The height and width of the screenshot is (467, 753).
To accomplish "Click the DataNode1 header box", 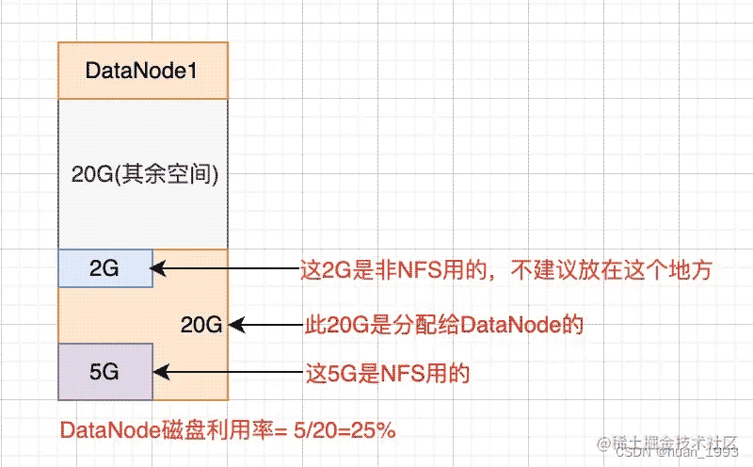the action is click(x=143, y=71).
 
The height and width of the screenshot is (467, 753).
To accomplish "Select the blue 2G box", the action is click(x=105, y=268).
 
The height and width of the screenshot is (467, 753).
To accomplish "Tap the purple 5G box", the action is click(x=105, y=371).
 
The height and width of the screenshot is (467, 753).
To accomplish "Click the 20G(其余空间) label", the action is click(x=145, y=173).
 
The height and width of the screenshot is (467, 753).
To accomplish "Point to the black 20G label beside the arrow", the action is click(x=201, y=325).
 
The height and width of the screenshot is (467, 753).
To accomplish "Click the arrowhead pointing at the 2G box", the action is click(x=158, y=268).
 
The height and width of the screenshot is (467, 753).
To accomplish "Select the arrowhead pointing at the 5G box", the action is click(x=161, y=372).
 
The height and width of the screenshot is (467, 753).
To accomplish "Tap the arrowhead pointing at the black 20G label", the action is click(x=237, y=325).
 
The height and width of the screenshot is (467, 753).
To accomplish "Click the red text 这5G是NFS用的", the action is click(x=388, y=373).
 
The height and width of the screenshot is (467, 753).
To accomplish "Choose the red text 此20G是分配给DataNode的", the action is click(x=444, y=325).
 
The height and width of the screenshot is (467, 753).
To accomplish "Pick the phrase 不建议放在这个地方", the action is click(x=611, y=270).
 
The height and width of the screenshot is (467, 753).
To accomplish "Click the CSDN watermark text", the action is click(x=677, y=452).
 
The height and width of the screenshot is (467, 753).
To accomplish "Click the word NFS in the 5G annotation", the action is click(x=403, y=373).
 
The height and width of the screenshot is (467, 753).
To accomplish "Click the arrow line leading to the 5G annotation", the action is click(x=229, y=372).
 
